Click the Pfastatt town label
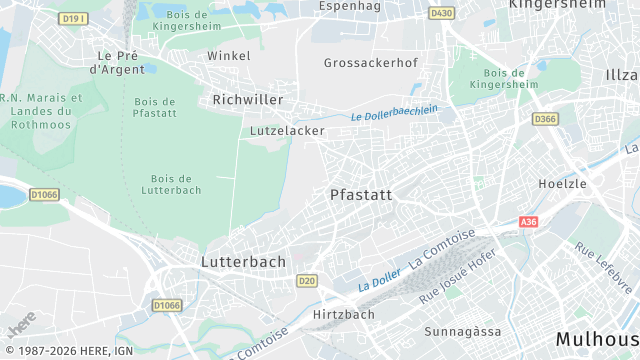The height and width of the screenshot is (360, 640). pyautogui.click(x=361, y=195)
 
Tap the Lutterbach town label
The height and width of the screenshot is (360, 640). pyautogui.click(x=244, y=261)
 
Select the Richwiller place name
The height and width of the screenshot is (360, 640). pyautogui.click(x=248, y=100)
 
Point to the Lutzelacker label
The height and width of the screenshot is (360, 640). pyautogui.click(x=283, y=131)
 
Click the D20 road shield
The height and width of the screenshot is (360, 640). pyautogui.click(x=307, y=281)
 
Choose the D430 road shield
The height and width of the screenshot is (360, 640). pyautogui.click(x=441, y=13)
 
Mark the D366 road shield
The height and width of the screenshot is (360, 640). pyautogui.click(x=545, y=119)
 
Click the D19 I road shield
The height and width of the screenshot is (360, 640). pyautogui.click(x=73, y=19)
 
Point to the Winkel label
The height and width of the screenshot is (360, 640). pyautogui.click(x=229, y=56)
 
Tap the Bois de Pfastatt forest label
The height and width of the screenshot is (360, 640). pyautogui.click(x=154, y=108)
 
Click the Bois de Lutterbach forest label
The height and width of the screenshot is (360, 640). pyautogui.click(x=171, y=183)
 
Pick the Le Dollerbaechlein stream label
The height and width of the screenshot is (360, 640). pyautogui.click(x=394, y=114)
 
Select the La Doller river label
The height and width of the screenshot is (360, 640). pyautogui.click(x=380, y=280)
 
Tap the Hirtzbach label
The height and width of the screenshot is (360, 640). pyautogui.click(x=344, y=314)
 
